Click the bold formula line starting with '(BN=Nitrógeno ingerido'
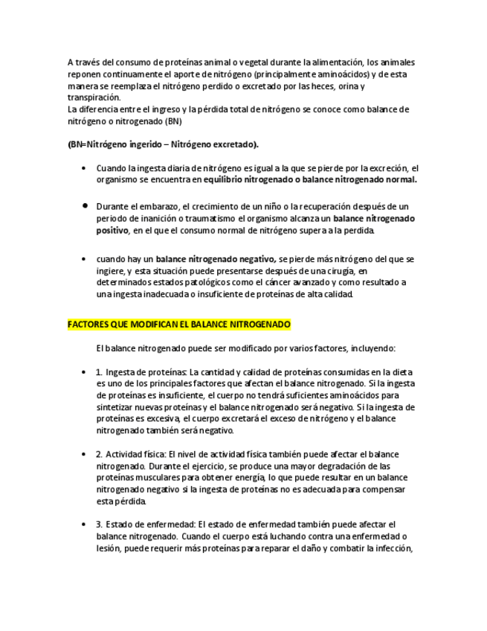164,144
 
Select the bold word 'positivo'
112,231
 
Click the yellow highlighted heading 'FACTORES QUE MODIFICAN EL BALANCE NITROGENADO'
179,325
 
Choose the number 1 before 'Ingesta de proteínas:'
100,372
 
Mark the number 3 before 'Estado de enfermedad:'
100,524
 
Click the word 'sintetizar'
115,407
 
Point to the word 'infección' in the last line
390,549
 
